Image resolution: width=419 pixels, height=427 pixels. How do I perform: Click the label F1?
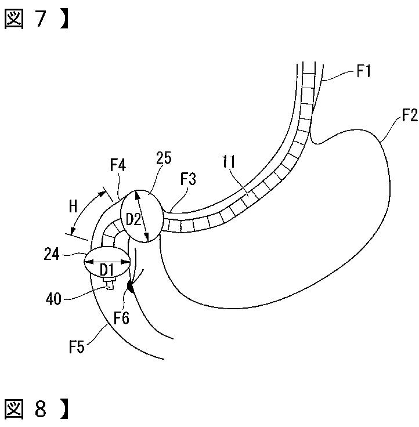point(364,73)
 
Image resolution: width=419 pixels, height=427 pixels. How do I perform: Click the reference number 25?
point(163,158)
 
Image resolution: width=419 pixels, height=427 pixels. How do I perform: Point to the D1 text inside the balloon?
point(106,270)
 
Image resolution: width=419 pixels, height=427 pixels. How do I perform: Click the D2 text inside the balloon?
point(133,219)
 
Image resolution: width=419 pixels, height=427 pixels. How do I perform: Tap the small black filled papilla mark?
point(131,285)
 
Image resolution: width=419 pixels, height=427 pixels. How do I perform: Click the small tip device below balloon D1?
point(109,283)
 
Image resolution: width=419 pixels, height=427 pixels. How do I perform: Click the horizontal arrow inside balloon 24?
point(107,262)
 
